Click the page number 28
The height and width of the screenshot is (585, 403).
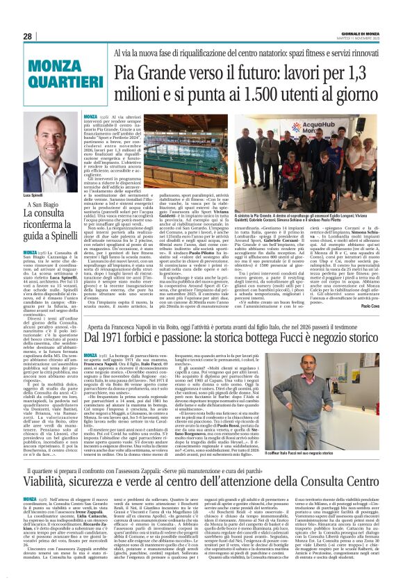(x=27, y=36)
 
